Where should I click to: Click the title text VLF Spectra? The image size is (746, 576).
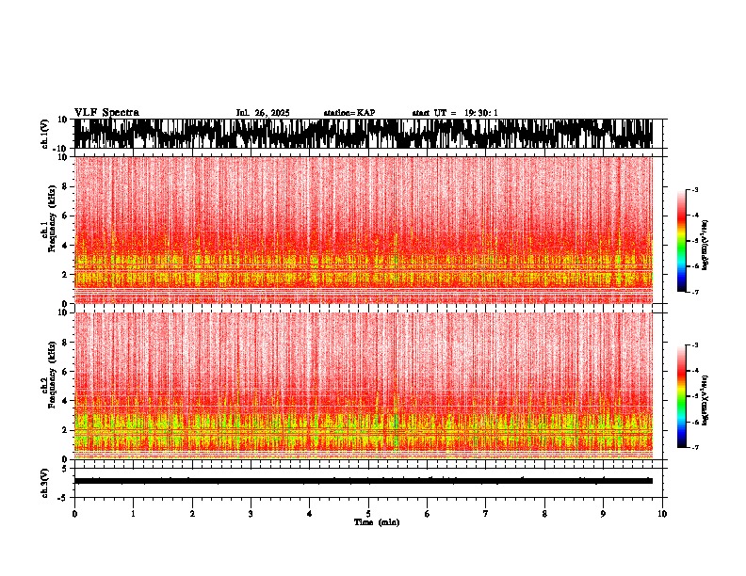(106, 113)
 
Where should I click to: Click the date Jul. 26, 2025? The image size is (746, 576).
(262, 113)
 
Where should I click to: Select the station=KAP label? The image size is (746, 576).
(349, 113)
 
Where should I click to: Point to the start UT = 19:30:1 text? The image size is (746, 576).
(455, 113)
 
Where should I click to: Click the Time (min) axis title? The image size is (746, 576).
(376, 522)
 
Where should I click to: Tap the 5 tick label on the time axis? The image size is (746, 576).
(368, 514)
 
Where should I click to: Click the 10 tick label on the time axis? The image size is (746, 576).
(662, 514)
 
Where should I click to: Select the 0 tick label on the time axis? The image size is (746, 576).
(74, 514)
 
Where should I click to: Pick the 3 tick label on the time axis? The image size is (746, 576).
(251, 514)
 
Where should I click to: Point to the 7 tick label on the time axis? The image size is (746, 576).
(486, 514)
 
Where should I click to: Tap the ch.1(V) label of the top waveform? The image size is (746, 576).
(44, 135)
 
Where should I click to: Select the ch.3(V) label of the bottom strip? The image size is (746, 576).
(44, 481)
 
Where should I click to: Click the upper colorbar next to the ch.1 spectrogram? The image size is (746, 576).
(681, 241)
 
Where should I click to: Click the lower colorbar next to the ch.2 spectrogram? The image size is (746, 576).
(681, 395)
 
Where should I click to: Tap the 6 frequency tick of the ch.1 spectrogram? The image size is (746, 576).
(67, 216)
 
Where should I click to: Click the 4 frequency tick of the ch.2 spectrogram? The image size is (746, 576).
(67, 400)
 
